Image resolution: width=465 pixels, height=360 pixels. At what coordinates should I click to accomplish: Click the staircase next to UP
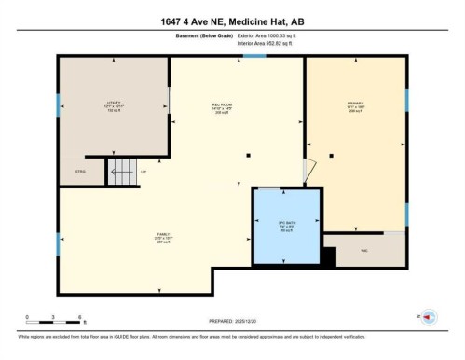pyautogui.click(x=121, y=171)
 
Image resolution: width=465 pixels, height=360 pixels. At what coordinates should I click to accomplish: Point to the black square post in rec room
pyautogui.click(x=248, y=155)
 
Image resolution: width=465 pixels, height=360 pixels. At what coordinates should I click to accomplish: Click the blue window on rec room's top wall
pyautogui.click(x=254, y=56)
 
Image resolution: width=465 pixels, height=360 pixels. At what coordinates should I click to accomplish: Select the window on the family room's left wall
pyautogui.click(x=59, y=244)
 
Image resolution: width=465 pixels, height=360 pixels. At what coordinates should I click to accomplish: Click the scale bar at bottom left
pyautogui.click(x=54, y=323)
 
